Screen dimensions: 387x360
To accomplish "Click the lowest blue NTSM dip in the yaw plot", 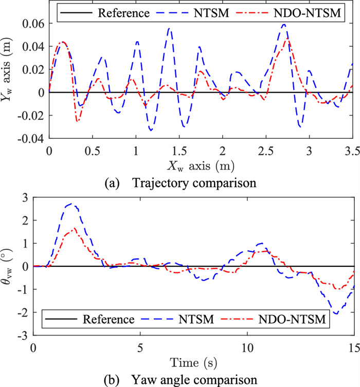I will [x=336, y=314].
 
